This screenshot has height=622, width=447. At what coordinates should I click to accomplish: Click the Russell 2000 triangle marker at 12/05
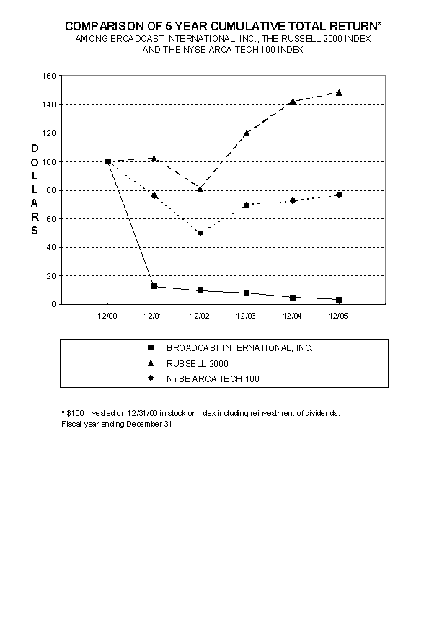coord(339,93)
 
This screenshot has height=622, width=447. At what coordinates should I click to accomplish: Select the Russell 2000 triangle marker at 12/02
coord(200,188)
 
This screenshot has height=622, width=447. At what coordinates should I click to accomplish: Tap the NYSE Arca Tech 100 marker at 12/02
coord(200,233)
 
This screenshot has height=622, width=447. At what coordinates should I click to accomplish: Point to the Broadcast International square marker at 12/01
coord(154,286)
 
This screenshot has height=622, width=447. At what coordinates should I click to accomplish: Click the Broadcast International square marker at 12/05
coord(339,300)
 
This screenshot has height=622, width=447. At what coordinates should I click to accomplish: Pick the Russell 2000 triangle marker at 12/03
coord(247,133)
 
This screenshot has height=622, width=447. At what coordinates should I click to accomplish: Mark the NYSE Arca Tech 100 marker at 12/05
coord(339,195)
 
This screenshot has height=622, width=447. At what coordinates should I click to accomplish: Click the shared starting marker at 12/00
coord(107,161)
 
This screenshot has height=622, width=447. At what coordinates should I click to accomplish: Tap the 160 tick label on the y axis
coord(49,76)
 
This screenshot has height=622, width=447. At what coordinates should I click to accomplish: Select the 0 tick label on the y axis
coord(53,304)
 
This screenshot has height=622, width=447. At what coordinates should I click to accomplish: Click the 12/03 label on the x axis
coord(247,316)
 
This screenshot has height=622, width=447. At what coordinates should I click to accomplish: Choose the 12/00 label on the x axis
coord(107,316)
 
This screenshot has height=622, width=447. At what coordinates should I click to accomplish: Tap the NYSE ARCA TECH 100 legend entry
coord(212,378)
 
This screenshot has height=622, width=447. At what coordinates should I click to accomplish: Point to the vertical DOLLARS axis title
coord(34,189)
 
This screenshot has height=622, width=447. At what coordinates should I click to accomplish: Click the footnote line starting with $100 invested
coord(200,413)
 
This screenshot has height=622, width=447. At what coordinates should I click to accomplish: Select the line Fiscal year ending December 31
coord(118,424)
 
